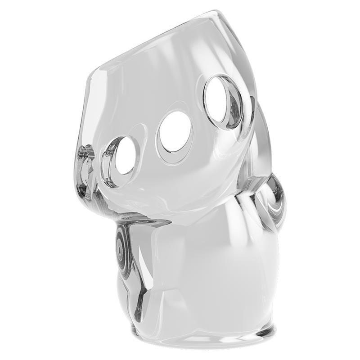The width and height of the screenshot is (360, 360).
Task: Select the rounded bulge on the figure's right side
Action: tap(272, 202)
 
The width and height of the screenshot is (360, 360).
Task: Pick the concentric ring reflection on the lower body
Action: tap(120, 245)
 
